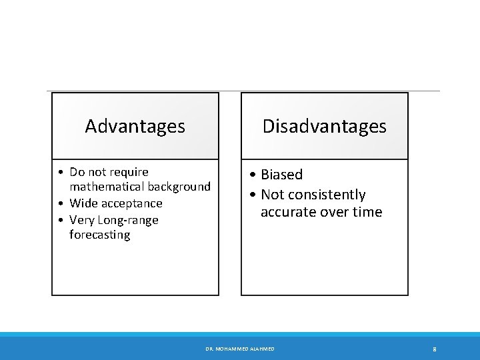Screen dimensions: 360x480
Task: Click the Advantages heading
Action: pos(135,126)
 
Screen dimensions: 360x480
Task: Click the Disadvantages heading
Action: pos(324,126)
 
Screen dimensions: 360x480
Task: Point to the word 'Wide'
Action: pos(83,203)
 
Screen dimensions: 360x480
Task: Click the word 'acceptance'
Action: pos(132,203)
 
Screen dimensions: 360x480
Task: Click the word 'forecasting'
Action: pos(100,235)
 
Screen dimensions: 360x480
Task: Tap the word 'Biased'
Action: pos(281,175)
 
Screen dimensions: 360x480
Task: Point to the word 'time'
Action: pos(367,212)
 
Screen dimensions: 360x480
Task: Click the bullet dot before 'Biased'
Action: pos(253,175)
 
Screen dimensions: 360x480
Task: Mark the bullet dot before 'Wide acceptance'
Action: pos(61,203)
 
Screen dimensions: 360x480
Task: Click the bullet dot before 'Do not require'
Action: pos(61,173)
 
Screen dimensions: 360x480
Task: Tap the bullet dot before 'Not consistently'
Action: pos(253,195)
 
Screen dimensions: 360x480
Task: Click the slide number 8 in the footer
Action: pos(434,349)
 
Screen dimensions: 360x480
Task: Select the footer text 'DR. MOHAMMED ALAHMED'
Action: pos(240,349)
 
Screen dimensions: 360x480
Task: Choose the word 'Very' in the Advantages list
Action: pos(83,220)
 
